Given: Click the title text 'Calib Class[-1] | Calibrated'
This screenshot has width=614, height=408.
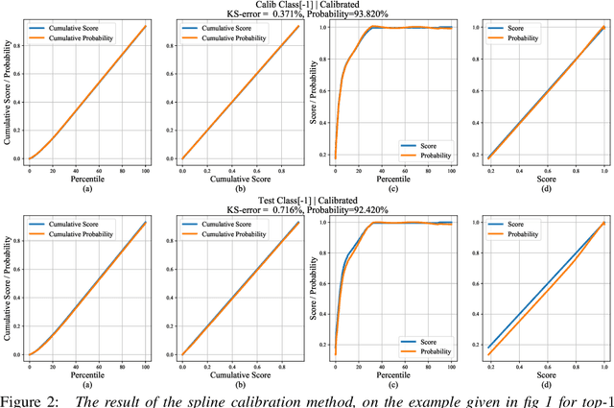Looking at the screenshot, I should coord(307,5).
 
